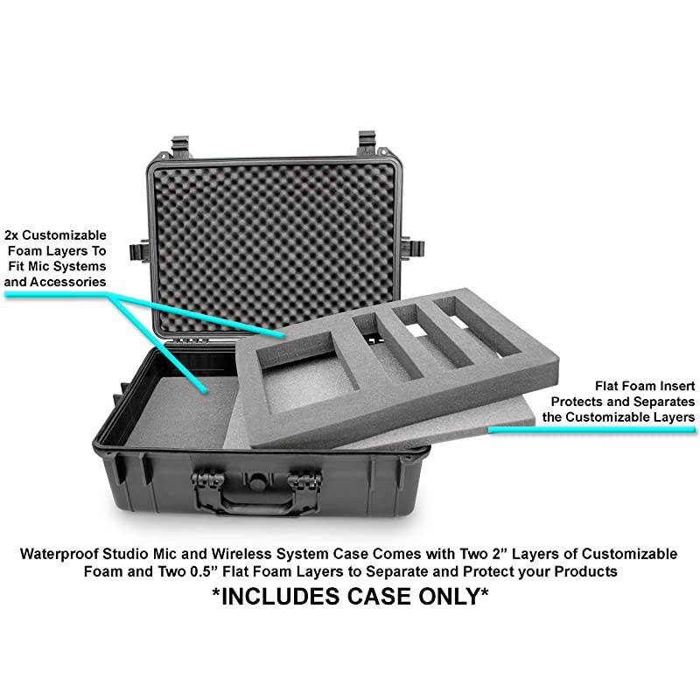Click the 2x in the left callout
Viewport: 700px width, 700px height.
[14, 235]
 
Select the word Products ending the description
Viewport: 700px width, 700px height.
[587, 571]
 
